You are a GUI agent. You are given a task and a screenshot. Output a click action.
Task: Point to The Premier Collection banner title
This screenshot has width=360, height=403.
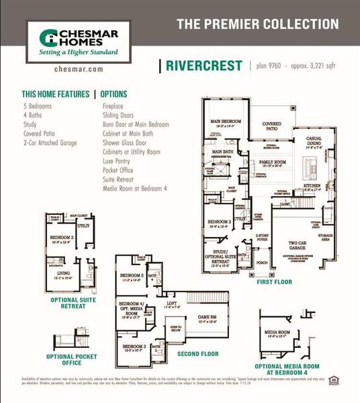click(x=257, y=25)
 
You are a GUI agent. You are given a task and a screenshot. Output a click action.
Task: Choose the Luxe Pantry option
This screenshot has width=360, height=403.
click(x=119, y=162)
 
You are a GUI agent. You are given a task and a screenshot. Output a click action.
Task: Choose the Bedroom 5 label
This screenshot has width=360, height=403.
click(x=132, y=276)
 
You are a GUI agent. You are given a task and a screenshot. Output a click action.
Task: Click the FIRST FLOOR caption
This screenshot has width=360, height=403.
click(x=274, y=283)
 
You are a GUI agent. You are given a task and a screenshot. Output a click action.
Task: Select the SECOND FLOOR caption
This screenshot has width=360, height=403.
click(x=197, y=353)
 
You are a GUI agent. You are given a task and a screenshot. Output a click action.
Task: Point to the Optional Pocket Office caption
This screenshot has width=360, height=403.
click(x=64, y=360)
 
